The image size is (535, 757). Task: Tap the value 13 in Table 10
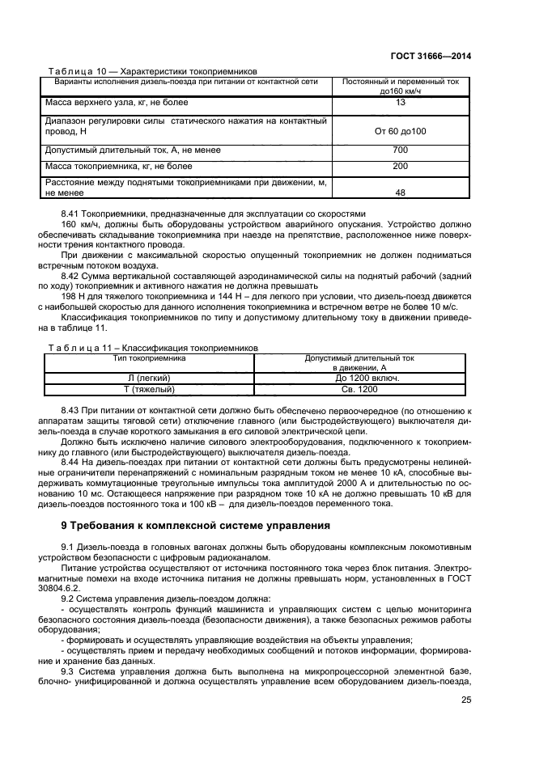pyautogui.click(x=400, y=103)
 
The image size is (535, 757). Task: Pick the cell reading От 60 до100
pyautogui.click(x=400, y=131)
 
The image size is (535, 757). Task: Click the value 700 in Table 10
pyautogui.click(x=400, y=150)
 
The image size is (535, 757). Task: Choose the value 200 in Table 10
pyautogui.click(x=400, y=167)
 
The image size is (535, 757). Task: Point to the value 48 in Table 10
pyautogui.click(x=400, y=193)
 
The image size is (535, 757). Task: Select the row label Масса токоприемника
pyautogui.click(x=118, y=167)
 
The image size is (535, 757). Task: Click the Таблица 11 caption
pyautogui.click(x=153, y=347)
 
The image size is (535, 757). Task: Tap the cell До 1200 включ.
pyautogui.click(x=359, y=378)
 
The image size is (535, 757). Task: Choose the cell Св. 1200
pyautogui.click(x=359, y=389)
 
